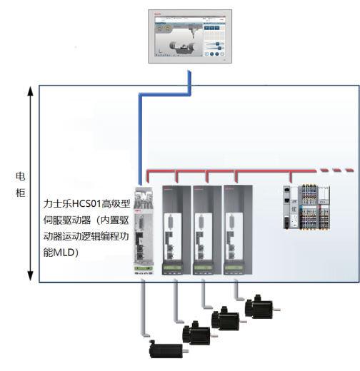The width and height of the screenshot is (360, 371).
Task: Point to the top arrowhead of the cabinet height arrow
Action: tap(30, 92)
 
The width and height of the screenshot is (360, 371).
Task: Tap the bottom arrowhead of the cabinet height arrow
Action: tap(30, 275)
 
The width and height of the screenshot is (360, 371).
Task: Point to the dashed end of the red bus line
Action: tap(338, 171)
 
